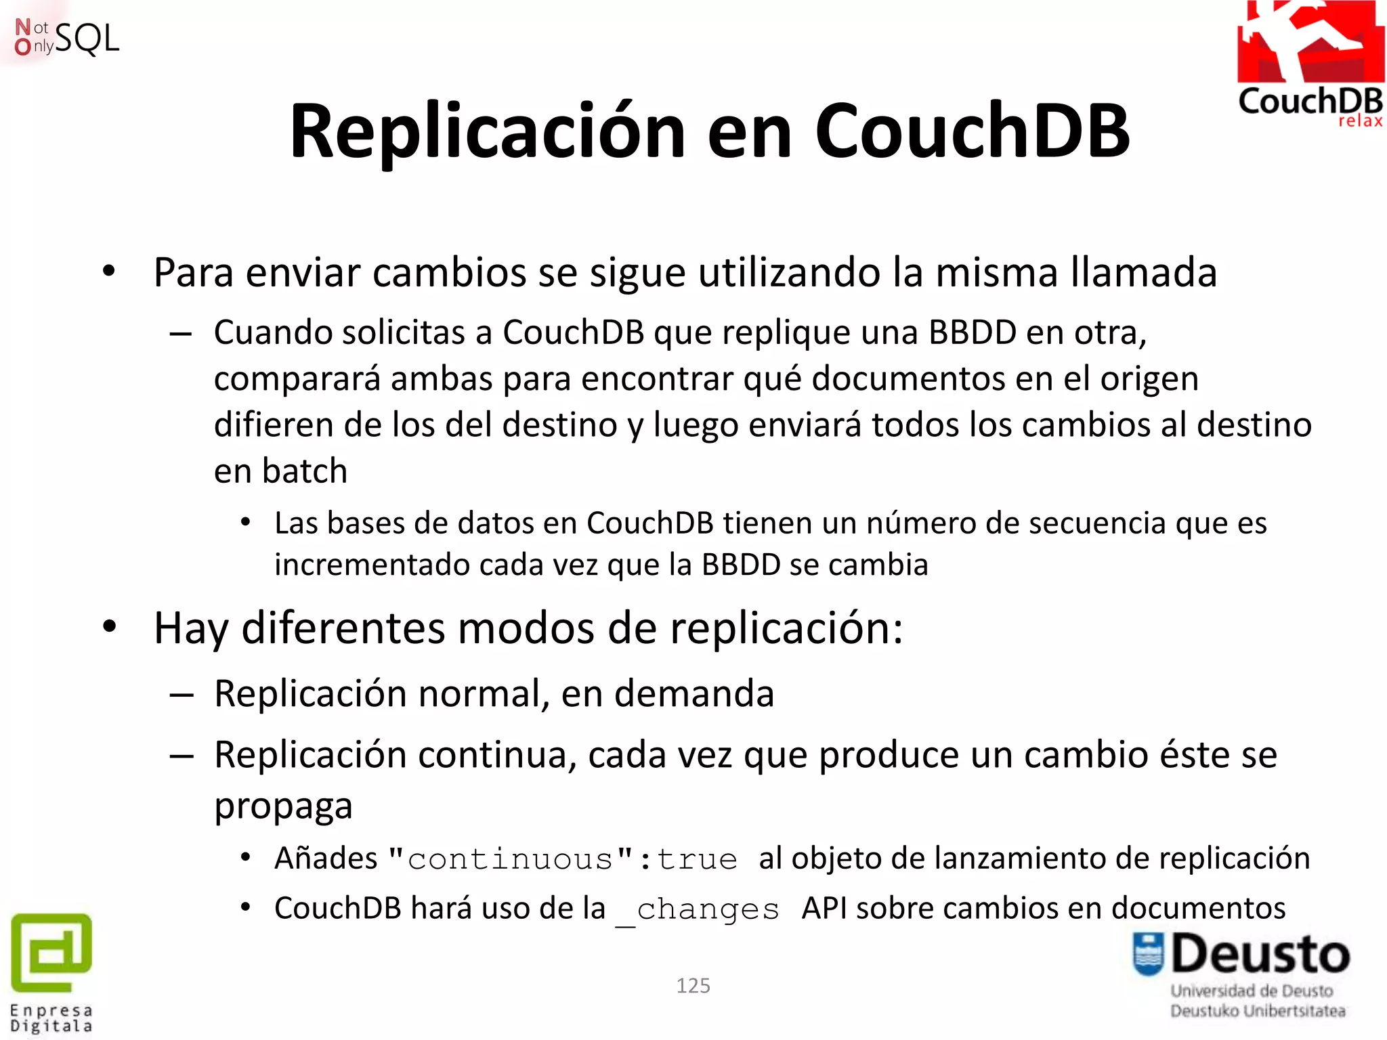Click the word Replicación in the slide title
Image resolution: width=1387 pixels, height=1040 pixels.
[x=488, y=131]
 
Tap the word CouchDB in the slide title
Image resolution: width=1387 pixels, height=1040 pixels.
[x=973, y=131]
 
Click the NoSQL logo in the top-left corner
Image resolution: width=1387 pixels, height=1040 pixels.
[x=66, y=37]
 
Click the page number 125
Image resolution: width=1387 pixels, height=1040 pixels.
[x=693, y=985]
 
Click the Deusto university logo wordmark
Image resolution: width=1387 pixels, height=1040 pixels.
[x=1260, y=955]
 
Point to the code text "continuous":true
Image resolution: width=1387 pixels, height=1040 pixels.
[x=563, y=859]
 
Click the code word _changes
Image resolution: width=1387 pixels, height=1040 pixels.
[x=698, y=909]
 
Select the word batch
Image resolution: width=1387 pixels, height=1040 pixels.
[x=305, y=471]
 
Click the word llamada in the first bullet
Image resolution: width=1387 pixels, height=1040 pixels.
[x=1144, y=273]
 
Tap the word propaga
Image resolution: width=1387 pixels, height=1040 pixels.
[x=283, y=806]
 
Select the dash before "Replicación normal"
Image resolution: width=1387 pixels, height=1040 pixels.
[x=182, y=695]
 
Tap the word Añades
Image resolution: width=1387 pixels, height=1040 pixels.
[x=326, y=859]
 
